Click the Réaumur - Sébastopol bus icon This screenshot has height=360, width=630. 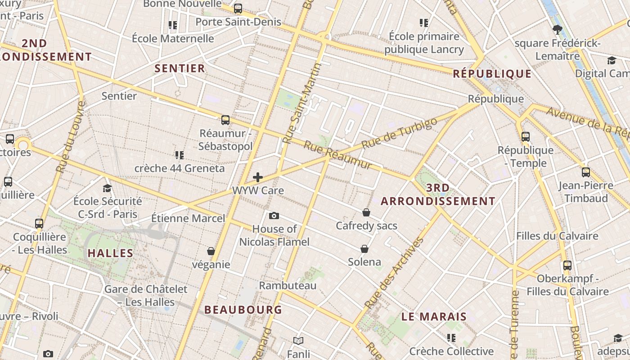click(x=225, y=120)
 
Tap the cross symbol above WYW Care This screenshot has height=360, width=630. click(x=258, y=177)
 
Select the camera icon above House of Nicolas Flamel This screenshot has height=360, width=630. click(x=274, y=216)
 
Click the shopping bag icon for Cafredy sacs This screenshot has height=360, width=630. click(x=366, y=212)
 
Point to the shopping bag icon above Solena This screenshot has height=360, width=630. click(x=364, y=249)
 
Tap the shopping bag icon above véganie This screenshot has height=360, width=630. click(x=211, y=251)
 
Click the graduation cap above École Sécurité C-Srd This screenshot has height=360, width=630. click(x=107, y=188)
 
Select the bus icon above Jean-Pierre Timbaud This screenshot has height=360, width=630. click(x=585, y=172)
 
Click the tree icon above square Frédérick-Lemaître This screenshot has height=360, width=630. click(x=558, y=30)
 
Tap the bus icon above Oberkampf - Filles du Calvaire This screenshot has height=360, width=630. click(x=567, y=265)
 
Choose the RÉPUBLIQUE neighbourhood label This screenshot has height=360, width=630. click(x=492, y=74)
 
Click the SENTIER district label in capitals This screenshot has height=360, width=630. click(x=180, y=68)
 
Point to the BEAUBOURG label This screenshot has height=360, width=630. click(x=243, y=310)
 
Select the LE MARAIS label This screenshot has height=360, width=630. click(x=434, y=316)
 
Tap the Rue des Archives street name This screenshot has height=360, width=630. click(x=394, y=273)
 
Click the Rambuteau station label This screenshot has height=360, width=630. click(x=288, y=285)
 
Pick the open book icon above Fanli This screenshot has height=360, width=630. click(x=298, y=341)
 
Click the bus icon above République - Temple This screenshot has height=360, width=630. click(x=525, y=137)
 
